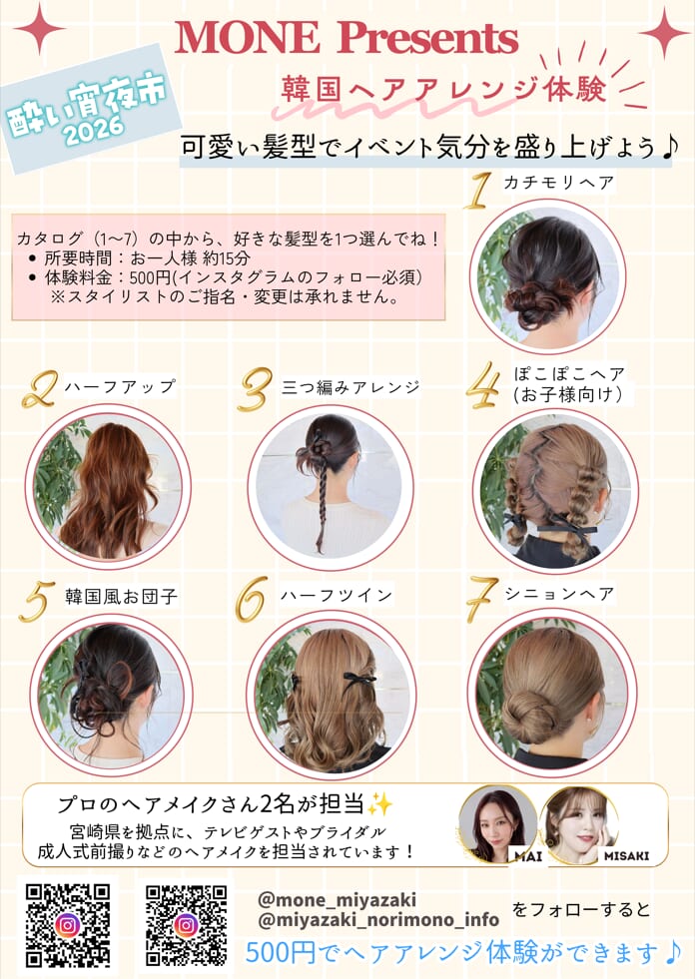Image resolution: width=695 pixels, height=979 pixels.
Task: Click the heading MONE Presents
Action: point(347,39)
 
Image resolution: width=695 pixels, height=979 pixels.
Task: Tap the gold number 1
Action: point(478,191)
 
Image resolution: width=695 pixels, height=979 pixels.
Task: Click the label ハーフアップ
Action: point(120,387)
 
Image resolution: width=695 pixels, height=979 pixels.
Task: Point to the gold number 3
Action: point(255,389)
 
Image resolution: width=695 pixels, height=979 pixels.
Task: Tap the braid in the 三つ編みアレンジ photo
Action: point(323,505)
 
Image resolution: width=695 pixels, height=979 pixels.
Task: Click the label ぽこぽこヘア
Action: point(569,374)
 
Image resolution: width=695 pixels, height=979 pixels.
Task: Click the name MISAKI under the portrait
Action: point(626,856)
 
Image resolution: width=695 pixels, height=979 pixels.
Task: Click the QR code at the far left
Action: point(68,925)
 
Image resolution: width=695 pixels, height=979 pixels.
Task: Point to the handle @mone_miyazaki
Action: point(337,900)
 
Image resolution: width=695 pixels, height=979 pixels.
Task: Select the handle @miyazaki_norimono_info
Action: point(378,920)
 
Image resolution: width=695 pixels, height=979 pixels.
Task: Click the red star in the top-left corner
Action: point(39,28)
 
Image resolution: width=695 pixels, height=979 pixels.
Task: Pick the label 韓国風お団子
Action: point(121,596)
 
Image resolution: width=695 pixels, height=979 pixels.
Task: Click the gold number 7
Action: point(482,599)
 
